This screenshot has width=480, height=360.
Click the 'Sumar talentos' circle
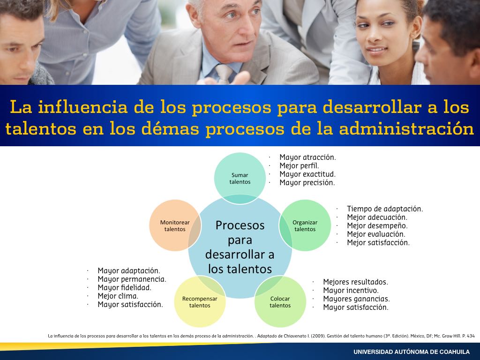[x=240, y=178]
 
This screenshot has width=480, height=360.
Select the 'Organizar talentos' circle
[x=305, y=225]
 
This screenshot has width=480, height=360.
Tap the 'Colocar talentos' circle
[x=280, y=301]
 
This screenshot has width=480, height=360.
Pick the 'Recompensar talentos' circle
[x=200, y=301]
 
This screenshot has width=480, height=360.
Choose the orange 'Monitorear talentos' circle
[x=175, y=225]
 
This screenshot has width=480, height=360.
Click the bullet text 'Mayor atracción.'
[x=307, y=157]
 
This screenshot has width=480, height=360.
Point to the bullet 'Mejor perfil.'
[x=299, y=166]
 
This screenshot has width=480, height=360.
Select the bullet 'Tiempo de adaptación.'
[x=385, y=209]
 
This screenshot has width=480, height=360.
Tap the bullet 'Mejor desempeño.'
[x=377, y=226]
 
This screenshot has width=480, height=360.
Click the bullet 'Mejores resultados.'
[x=355, y=282]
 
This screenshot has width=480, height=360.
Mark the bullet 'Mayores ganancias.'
[x=356, y=299]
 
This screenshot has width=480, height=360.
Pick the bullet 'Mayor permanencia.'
[x=132, y=279]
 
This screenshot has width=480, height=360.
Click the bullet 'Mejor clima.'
[x=118, y=296]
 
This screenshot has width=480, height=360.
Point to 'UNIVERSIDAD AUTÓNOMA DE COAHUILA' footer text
[x=412, y=352]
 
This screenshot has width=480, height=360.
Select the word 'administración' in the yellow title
[x=406, y=128]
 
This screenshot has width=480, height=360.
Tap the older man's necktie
[x=224, y=74]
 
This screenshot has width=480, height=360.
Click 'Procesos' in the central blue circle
[x=240, y=225]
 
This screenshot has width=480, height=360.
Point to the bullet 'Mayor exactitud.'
[x=307, y=174]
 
